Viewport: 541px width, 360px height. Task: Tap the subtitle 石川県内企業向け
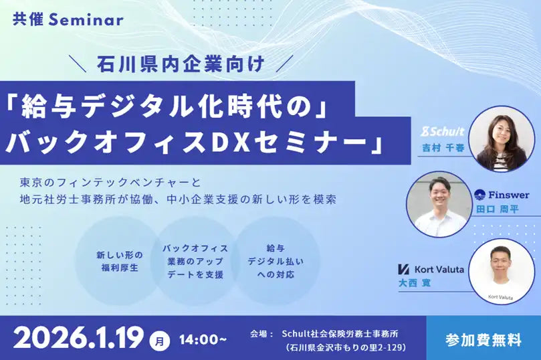181,65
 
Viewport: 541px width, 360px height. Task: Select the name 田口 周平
497,209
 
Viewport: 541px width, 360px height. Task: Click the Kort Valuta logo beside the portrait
433,268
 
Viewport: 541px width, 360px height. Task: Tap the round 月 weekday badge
160,340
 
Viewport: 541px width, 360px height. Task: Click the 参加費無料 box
483,339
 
